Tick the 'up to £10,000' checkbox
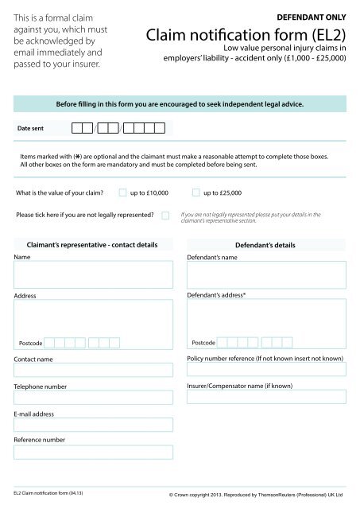(x=122, y=192)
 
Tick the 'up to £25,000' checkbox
(x=196, y=192)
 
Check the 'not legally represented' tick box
(x=165, y=216)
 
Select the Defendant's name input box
(x=265, y=274)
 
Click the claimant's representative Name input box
(x=92, y=274)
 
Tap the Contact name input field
(x=92, y=370)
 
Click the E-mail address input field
(x=92, y=425)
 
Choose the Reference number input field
(x=92, y=452)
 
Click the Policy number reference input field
(x=265, y=370)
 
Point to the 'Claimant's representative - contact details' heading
(x=92, y=245)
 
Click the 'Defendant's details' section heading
(x=265, y=245)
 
